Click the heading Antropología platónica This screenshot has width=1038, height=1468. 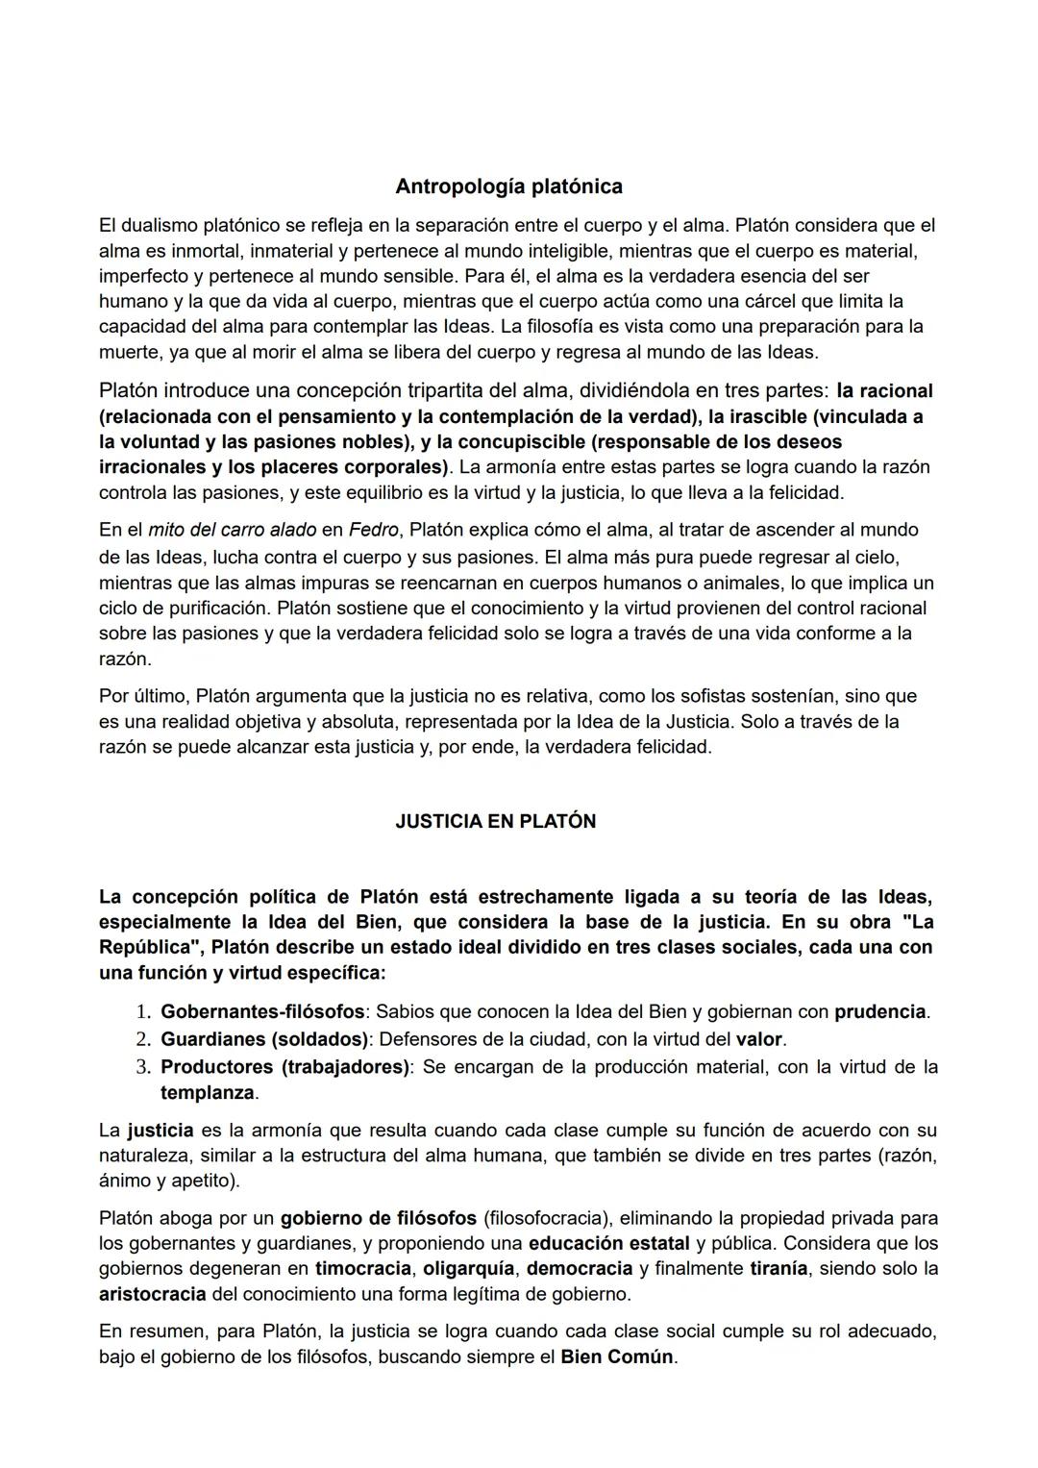(x=508, y=186)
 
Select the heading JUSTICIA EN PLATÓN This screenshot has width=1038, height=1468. (x=495, y=821)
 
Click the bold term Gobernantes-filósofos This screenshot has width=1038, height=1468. (x=262, y=1011)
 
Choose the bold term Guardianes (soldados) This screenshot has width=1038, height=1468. (x=264, y=1039)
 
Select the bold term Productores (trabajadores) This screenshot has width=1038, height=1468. (x=284, y=1067)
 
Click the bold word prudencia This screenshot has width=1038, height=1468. (x=879, y=1011)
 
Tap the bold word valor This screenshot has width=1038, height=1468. (x=759, y=1039)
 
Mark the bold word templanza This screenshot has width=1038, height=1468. (x=207, y=1093)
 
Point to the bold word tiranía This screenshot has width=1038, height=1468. (x=778, y=1268)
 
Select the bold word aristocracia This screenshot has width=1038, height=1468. (x=152, y=1294)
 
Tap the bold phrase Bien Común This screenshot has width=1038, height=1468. (x=617, y=1357)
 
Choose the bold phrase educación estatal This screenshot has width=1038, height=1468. (x=609, y=1243)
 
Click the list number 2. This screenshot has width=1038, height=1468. (x=142, y=1039)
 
